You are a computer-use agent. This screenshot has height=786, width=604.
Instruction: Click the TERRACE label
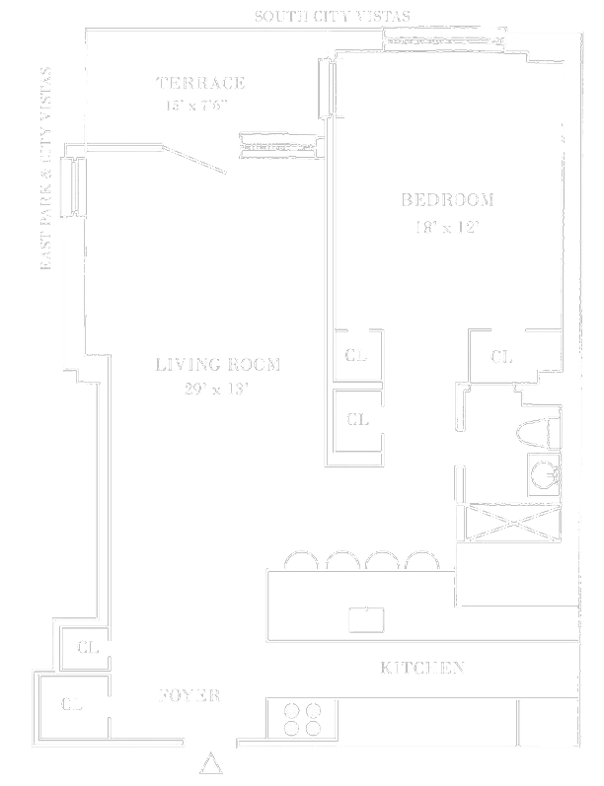click(x=200, y=84)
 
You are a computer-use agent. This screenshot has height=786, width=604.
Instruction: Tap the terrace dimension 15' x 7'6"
click(x=200, y=105)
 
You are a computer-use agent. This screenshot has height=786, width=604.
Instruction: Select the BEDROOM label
click(x=447, y=200)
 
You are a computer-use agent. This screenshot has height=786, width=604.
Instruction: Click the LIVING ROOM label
click(x=217, y=365)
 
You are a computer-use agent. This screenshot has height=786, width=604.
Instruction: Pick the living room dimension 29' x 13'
click(x=217, y=389)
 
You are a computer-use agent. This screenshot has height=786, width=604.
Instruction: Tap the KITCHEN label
click(x=422, y=669)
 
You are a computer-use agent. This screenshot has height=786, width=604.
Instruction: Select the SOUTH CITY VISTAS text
click(x=333, y=16)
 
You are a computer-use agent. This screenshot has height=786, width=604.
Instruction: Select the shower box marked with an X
click(x=507, y=521)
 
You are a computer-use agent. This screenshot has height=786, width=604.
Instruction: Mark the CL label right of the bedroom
click(x=501, y=357)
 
